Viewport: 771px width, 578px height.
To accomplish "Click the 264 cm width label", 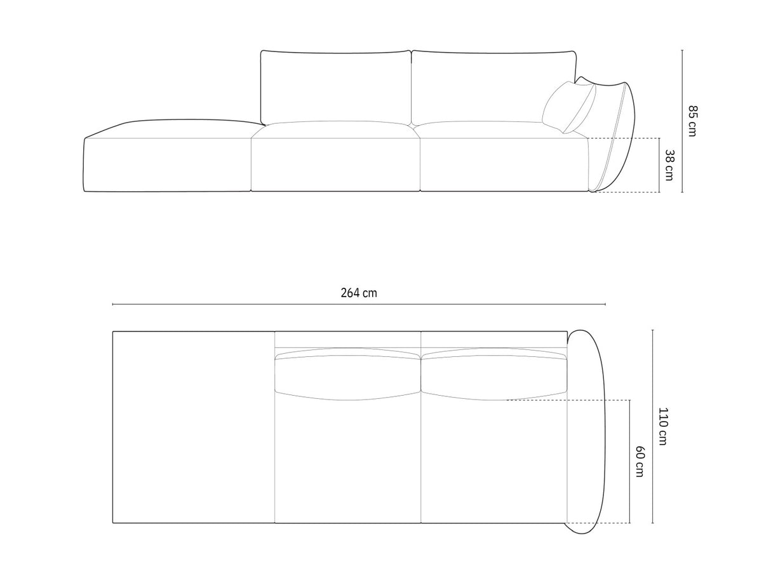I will point(358,293).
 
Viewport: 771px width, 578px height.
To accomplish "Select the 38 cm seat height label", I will point(669,165).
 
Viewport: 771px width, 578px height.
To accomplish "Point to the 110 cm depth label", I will point(662,426).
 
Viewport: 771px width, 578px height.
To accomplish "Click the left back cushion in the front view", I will point(335,87).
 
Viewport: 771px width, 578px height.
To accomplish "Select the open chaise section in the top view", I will point(193,427).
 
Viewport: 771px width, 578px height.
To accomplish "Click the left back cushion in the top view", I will point(347,376).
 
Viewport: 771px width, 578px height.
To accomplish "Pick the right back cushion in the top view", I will point(492,376).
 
